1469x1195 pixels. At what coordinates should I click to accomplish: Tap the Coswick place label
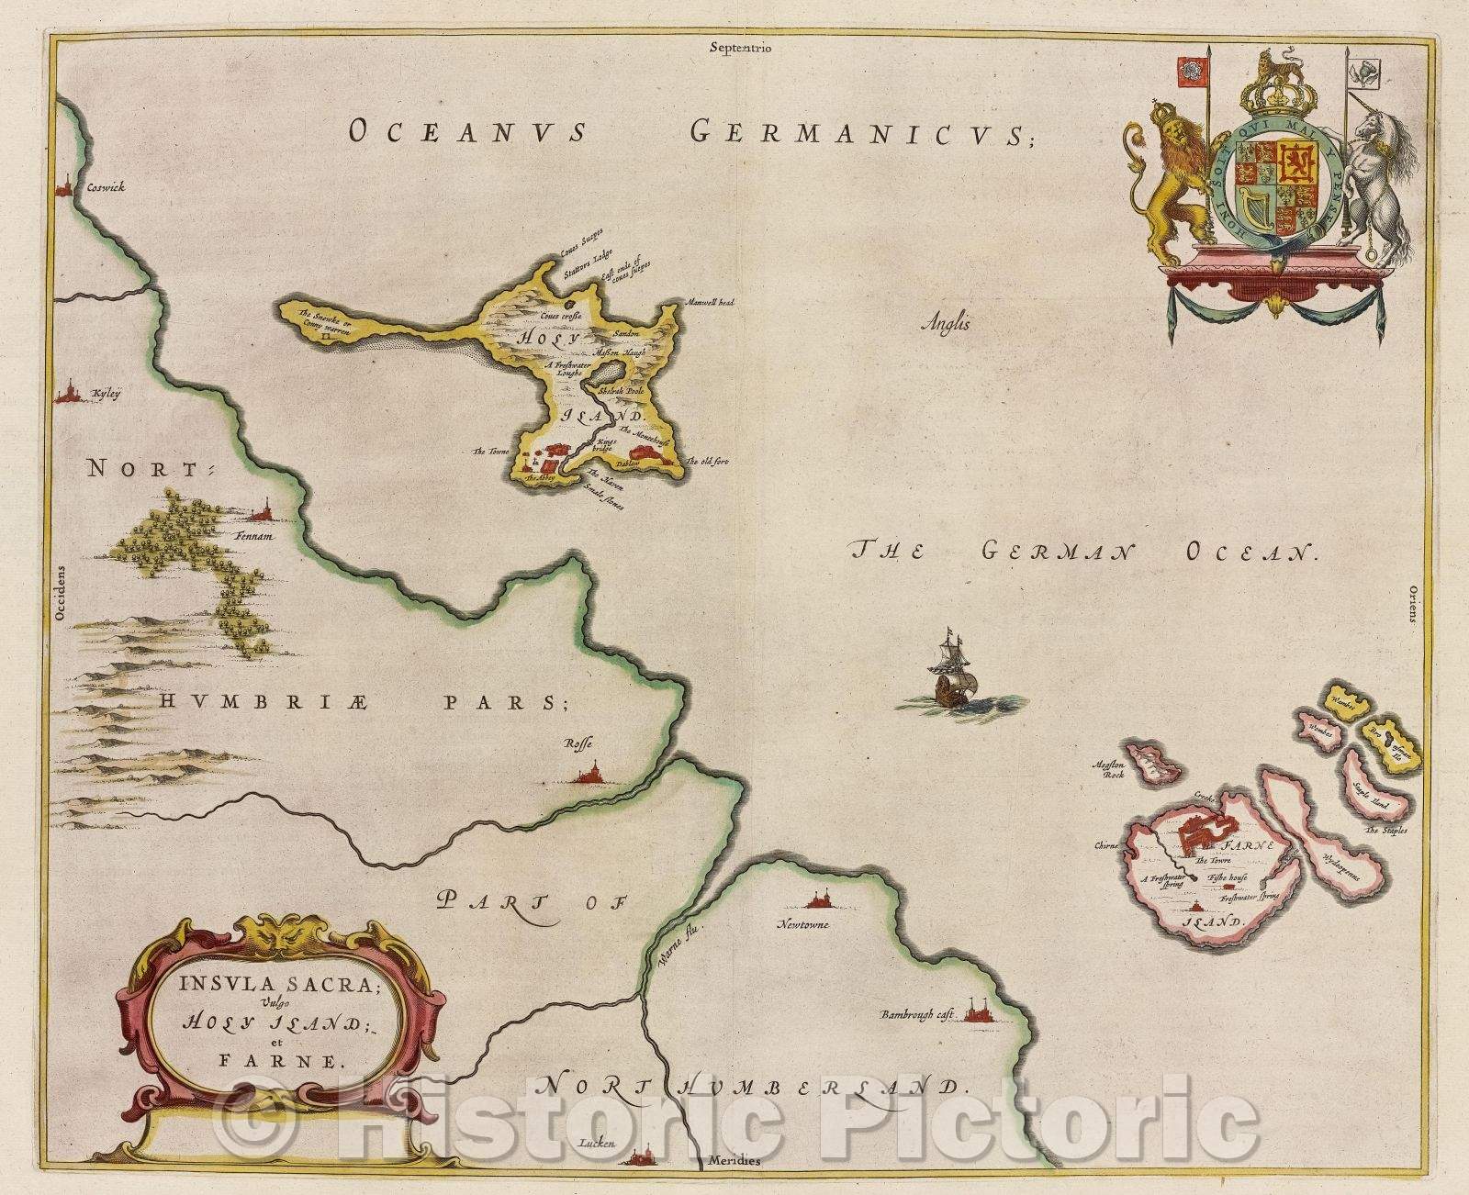point(106,186)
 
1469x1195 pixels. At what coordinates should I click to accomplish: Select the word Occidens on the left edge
point(62,598)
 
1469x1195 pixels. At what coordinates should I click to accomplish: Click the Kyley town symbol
point(66,394)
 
